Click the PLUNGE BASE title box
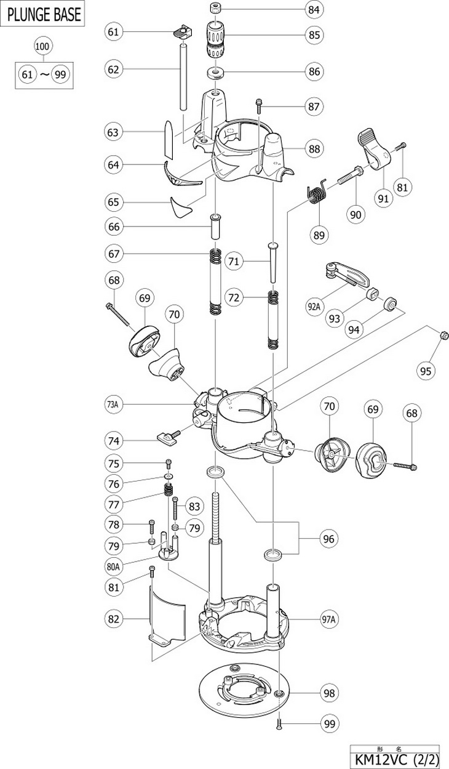42,14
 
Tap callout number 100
42,46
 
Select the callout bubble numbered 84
314,10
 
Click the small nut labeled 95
444,334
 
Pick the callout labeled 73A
113,405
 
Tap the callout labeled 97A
328,619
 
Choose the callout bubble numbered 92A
314,306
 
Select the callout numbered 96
328,539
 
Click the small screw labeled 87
258,106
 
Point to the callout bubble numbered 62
113,70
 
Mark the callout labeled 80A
113,566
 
